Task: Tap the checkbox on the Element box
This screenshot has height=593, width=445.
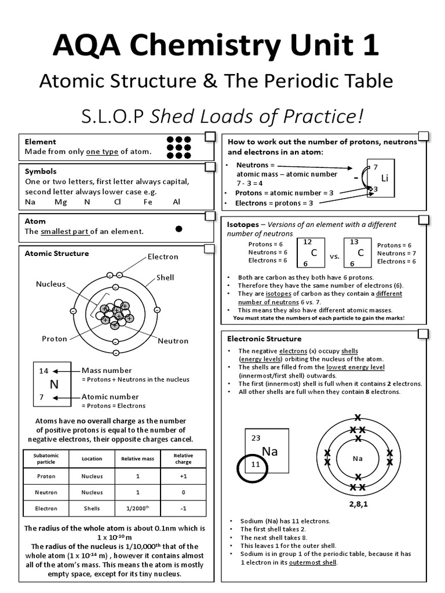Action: [209, 137]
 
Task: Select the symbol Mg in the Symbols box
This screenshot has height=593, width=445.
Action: [61, 202]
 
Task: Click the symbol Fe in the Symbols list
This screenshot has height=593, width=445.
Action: [148, 202]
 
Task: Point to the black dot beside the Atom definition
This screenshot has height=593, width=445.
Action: [179, 229]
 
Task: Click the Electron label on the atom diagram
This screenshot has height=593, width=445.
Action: [163, 257]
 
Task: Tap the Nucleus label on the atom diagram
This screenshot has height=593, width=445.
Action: [50, 284]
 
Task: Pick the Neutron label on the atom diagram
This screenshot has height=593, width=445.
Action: [173, 341]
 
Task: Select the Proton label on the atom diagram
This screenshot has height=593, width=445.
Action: [54, 339]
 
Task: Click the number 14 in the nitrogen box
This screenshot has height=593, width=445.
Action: [43, 371]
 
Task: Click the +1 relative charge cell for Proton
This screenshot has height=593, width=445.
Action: [183, 476]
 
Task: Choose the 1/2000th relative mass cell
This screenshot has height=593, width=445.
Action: [137, 508]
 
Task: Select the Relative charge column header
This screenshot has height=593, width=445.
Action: [183, 459]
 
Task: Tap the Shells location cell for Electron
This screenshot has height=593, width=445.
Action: [92, 508]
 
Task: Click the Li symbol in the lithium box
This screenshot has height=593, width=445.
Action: [384, 178]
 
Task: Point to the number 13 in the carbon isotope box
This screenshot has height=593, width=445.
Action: [354, 242]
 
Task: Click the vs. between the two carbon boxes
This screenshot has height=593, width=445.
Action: [334, 255]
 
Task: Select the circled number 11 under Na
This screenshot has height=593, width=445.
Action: [256, 465]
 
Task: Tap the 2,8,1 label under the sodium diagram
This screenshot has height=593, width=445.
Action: [358, 504]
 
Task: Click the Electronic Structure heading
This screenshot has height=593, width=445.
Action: [264, 339]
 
